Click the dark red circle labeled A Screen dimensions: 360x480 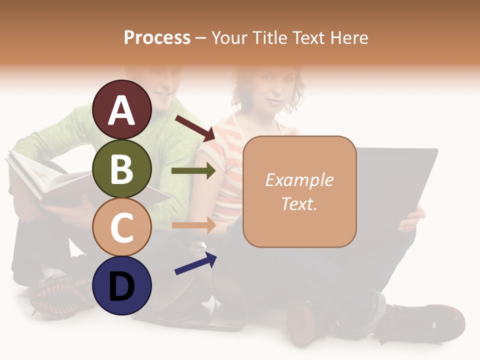pyautogui.click(x=122, y=109)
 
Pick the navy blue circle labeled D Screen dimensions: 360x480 pyautogui.click(x=122, y=285)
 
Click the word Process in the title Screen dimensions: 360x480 pyautogui.click(x=157, y=38)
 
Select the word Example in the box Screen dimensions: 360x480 pyautogui.click(x=299, y=180)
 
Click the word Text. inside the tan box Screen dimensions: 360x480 pyautogui.click(x=299, y=203)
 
